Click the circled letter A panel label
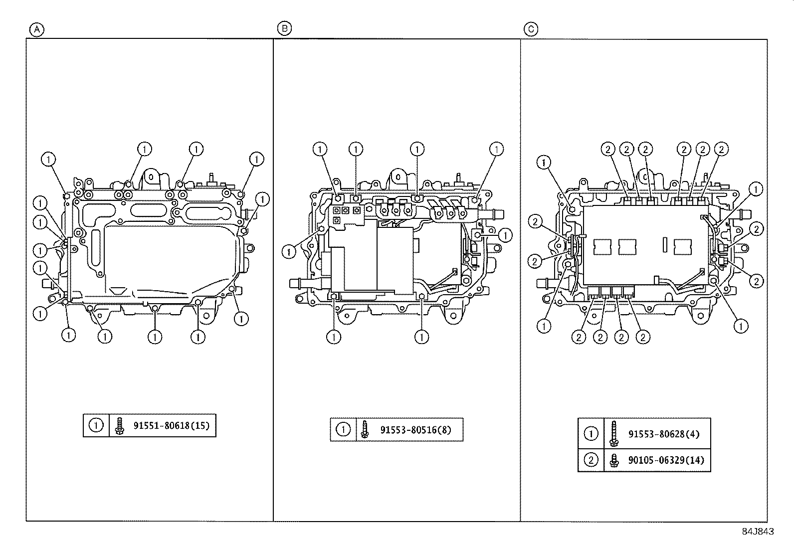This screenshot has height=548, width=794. click(36, 29)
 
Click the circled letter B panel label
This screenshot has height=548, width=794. click(284, 28)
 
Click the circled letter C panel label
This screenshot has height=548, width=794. click(531, 29)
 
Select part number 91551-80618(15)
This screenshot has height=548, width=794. click(171, 426)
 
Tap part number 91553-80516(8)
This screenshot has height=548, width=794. click(415, 430)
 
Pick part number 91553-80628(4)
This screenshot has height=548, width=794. click(663, 434)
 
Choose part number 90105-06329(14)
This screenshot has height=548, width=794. click(666, 460)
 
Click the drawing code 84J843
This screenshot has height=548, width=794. click(757, 532)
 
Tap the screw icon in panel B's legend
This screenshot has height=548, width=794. click(365, 430)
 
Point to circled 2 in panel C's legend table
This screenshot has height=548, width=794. click(591, 460)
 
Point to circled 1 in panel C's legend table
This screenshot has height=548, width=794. click(591, 434)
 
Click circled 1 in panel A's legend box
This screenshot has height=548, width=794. click(96, 426)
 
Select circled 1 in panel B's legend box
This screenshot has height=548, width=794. click(343, 430)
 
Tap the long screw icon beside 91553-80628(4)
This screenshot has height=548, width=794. click(613, 434)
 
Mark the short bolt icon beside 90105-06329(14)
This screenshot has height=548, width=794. click(613, 460)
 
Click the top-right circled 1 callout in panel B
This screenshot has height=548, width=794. click(496, 149)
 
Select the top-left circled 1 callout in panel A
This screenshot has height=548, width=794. click(48, 160)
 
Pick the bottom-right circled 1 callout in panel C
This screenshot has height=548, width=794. click(741, 326)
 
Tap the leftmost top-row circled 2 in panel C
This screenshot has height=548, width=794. click(608, 149)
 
